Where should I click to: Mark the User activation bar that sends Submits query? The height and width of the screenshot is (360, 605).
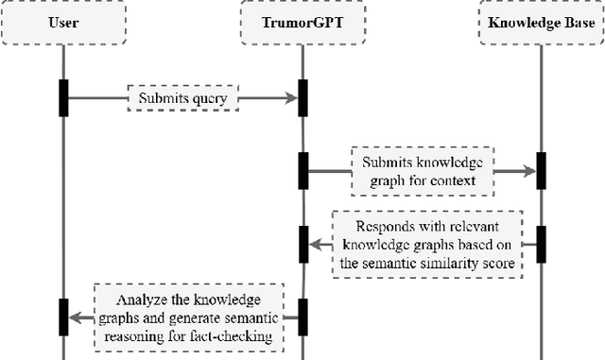click(63, 95)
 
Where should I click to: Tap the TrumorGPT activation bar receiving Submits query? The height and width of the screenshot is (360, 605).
click(302, 95)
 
